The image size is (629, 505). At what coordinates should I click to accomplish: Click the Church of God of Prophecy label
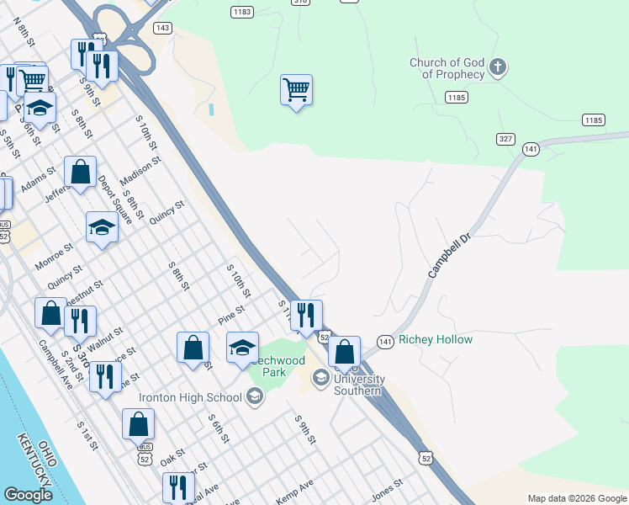pyautogui.click(x=447, y=68)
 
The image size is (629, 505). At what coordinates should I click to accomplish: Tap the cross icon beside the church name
pyautogui.click(x=497, y=67)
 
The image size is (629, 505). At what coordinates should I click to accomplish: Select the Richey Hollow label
pyautogui.click(x=436, y=340)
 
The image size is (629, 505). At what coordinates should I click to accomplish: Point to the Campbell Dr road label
pyautogui.click(x=447, y=251)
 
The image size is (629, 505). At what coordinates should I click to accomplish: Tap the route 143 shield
pyautogui.click(x=163, y=28)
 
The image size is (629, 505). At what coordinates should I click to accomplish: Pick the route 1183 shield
pyautogui.click(x=242, y=12)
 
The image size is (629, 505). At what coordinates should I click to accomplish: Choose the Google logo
pyautogui.click(x=28, y=495)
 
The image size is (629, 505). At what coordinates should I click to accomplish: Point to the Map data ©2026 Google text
pyautogui.click(x=577, y=498)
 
